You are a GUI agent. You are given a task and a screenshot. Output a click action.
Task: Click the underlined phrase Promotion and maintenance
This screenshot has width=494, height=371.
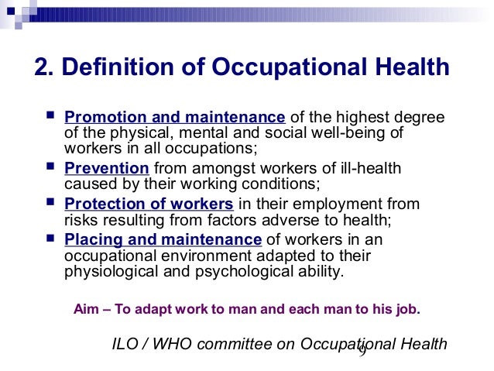click(175, 118)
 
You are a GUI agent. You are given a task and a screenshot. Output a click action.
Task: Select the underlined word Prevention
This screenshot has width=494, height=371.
click(107, 168)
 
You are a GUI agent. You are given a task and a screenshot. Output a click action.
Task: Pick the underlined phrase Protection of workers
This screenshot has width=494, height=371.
click(149, 204)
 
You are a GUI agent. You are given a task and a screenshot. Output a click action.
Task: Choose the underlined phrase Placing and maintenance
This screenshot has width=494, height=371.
click(163, 239)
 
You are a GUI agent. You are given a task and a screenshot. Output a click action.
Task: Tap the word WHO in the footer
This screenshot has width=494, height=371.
click(175, 344)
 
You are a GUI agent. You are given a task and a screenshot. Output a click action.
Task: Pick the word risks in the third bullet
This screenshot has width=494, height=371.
click(80, 220)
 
